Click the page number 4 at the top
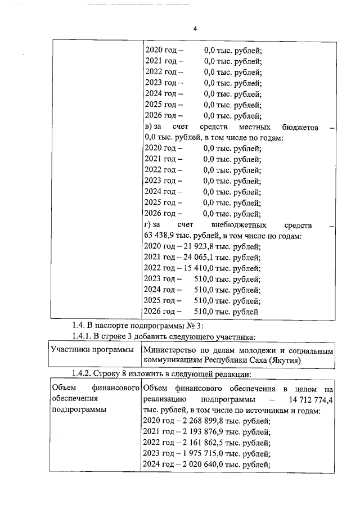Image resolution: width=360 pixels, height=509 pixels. tap(194, 29)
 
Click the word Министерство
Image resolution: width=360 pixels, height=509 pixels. tap(169, 350)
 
